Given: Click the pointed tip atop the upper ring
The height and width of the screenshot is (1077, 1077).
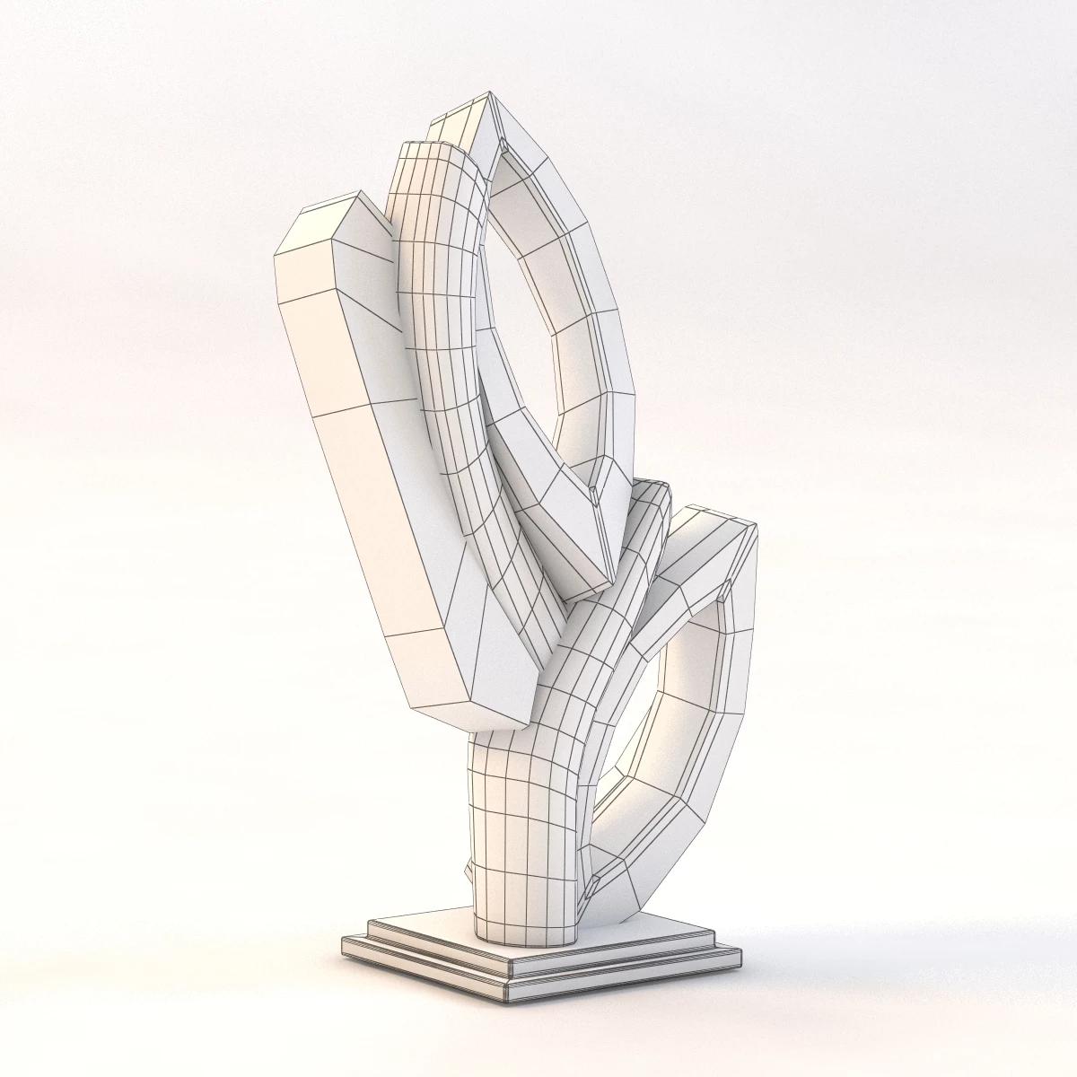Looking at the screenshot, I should tap(490, 93).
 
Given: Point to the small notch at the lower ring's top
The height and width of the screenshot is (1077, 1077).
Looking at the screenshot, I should tap(723, 592).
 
